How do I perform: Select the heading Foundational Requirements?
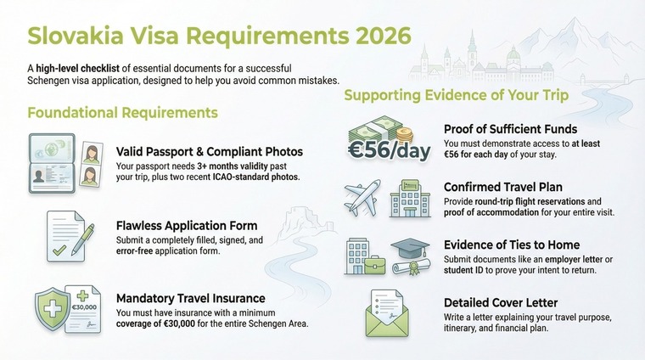tap(123, 111)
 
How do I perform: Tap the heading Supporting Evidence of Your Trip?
tap(456, 95)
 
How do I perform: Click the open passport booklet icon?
tap(52, 160)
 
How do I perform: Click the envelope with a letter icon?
tap(389, 315)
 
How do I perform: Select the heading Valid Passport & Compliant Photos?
tap(210, 152)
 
